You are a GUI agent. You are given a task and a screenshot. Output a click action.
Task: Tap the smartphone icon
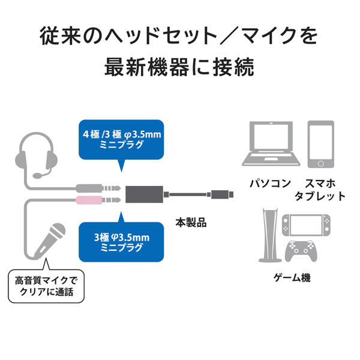point(320,144)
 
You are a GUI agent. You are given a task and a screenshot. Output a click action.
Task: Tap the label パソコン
point(271,183)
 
